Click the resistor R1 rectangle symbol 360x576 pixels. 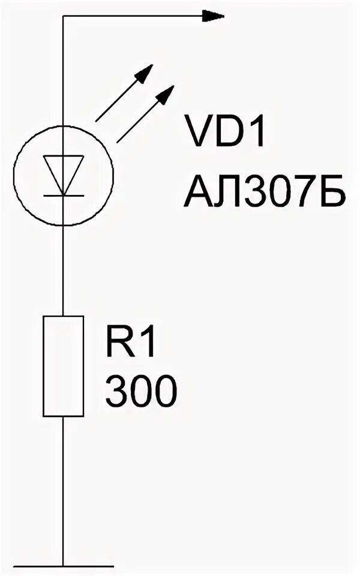click(63, 366)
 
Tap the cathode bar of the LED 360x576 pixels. click(63, 194)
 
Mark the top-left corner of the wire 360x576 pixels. click(63, 16)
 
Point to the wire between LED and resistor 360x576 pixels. click(63, 270)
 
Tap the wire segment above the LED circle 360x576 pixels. click(63, 72)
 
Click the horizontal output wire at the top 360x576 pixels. click(132, 16)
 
